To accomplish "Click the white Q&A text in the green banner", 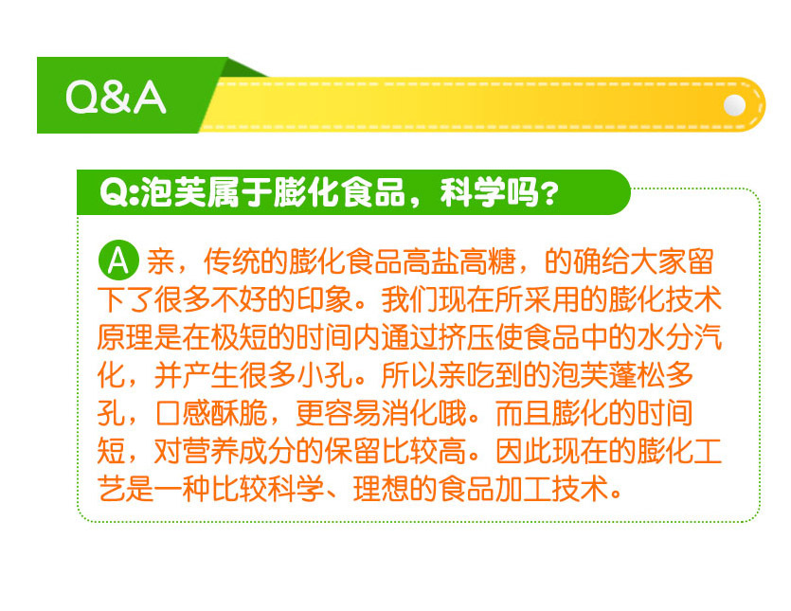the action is pyautogui.click(x=116, y=97).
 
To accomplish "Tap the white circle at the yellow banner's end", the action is pyautogui.click(x=734, y=105).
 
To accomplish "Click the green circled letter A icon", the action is pyautogui.click(x=118, y=261).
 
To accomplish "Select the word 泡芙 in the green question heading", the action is pyautogui.click(x=172, y=192).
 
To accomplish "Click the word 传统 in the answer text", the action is pyautogui.click(x=231, y=261).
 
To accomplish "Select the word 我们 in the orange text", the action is pyautogui.click(x=408, y=299).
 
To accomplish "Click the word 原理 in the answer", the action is pyautogui.click(x=125, y=337).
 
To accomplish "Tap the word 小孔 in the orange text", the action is pyautogui.click(x=323, y=375).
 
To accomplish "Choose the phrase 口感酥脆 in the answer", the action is pyautogui.click(x=210, y=413).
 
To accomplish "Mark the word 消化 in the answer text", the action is pyautogui.click(x=408, y=413).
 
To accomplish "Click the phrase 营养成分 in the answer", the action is pyautogui.click(x=239, y=451).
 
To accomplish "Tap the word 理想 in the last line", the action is pyautogui.click(x=381, y=489).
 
